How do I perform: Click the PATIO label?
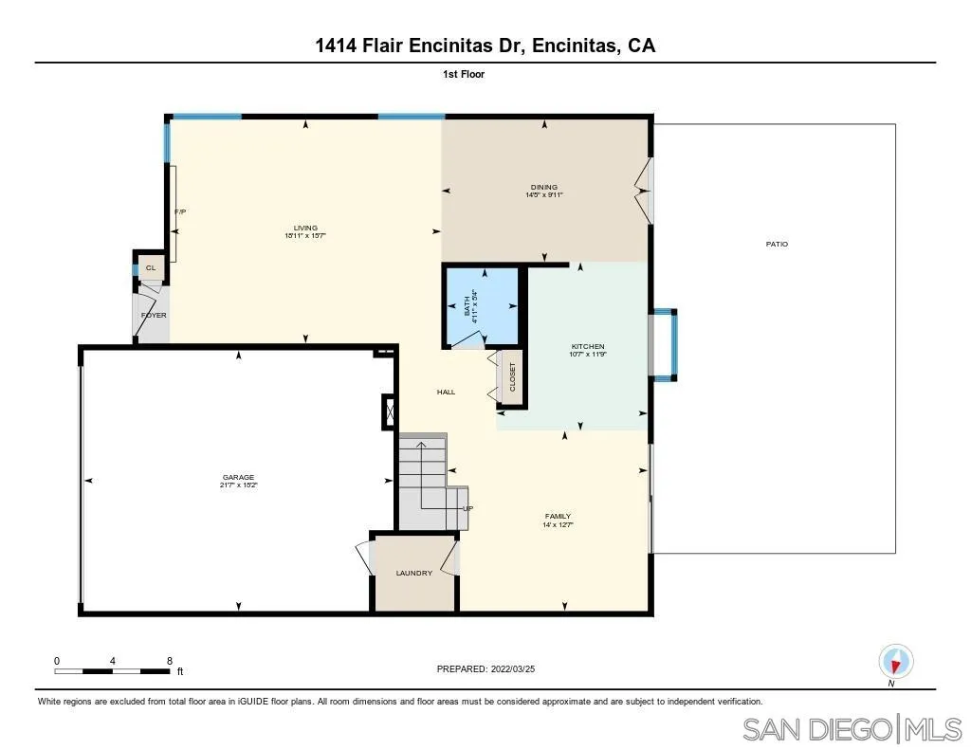[x=777, y=245]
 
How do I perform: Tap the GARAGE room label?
[x=238, y=477]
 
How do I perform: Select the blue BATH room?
[x=482, y=305]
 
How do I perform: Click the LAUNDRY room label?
[x=414, y=573]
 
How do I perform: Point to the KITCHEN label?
[x=588, y=346]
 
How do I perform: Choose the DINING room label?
[x=544, y=187]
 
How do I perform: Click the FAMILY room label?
[x=558, y=517]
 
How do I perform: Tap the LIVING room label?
[x=305, y=228]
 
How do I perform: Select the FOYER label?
[x=154, y=315]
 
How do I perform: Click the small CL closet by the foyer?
[x=150, y=268]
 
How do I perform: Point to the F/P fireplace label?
[x=179, y=211]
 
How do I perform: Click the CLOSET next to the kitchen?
[x=513, y=376]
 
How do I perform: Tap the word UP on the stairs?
[x=467, y=508]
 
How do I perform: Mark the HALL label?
[x=446, y=392]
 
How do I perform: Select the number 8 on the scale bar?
[x=169, y=660]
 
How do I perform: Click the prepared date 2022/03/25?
[x=518, y=668]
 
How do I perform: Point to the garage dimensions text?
[x=238, y=485]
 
